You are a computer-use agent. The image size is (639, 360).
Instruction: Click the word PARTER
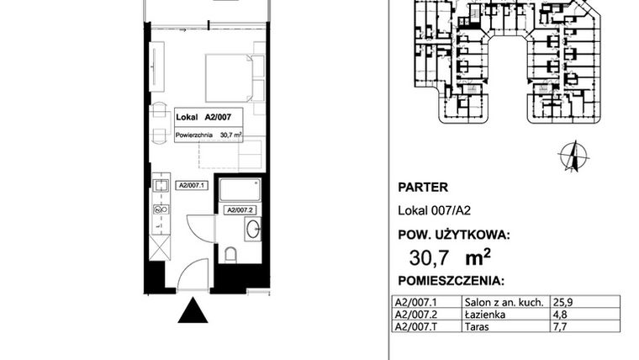pos(422,188)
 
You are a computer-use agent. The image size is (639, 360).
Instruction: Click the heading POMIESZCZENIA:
pos(450,279)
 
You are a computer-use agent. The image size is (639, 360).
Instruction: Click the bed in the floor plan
pos(229,77)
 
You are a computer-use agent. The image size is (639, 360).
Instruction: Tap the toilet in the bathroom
pos(233,254)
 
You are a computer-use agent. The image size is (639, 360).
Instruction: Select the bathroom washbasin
pos(253,227)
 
